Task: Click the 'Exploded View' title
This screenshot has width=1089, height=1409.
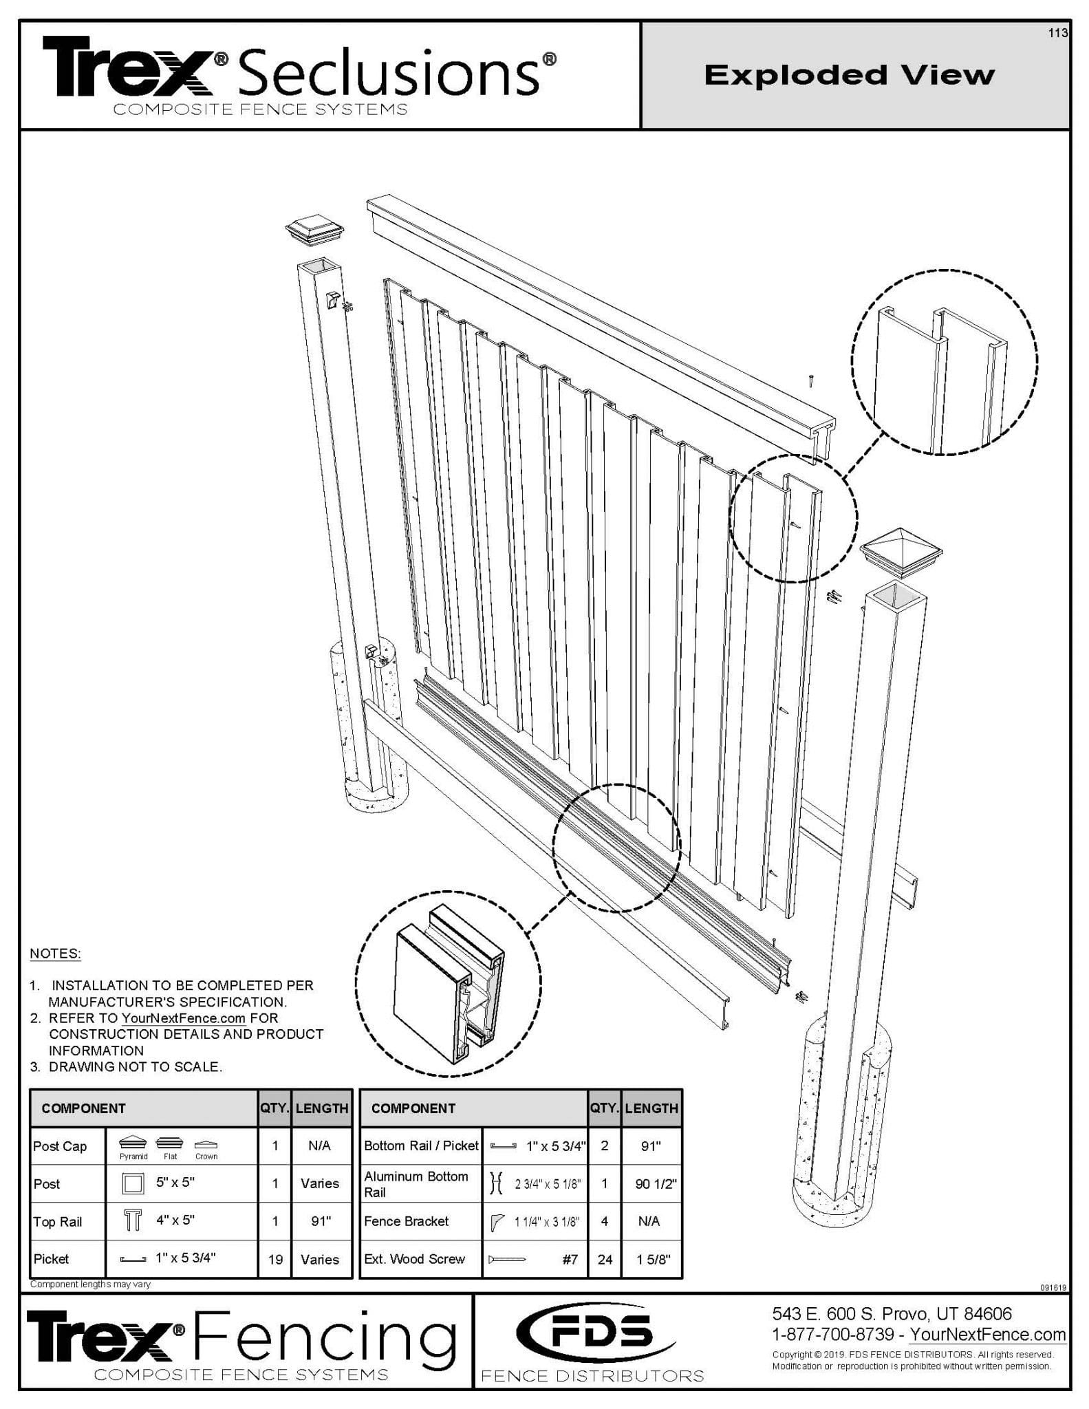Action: (850, 75)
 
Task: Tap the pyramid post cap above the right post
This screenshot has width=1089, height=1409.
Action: (901, 551)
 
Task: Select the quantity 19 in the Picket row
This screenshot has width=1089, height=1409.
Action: (275, 1259)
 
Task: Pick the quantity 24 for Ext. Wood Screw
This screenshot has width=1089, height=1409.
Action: (605, 1259)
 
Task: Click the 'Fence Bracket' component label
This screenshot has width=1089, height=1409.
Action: (406, 1221)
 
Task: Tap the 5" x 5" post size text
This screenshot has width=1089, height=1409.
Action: (175, 1182)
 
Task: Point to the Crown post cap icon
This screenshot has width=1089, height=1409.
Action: (206, 1144)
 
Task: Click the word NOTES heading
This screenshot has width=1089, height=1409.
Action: (55, 954)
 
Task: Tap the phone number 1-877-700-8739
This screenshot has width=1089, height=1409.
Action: (832, 1334)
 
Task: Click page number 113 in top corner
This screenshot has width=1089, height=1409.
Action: (1057, 33)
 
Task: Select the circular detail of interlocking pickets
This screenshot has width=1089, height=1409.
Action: (944, 361)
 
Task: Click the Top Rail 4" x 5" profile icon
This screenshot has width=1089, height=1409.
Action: (133, 1220)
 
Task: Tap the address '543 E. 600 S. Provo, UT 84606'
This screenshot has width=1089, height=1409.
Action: (892, 1313)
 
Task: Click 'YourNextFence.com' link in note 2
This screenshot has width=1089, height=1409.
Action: (183, 1018)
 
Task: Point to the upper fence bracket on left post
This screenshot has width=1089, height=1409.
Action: (332, 300)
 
